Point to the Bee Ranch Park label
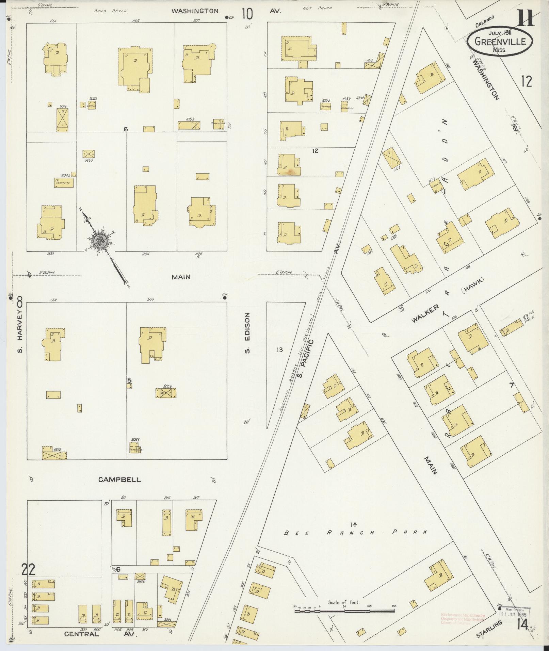[x=355, y=532]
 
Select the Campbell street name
[x=119, y=479]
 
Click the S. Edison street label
[x=247, y=333]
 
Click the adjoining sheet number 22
[x=28, y=569]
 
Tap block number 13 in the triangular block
[x=279, y=349]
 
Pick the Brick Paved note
[x=110, y=11]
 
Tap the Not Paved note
[x=317, y=8]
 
